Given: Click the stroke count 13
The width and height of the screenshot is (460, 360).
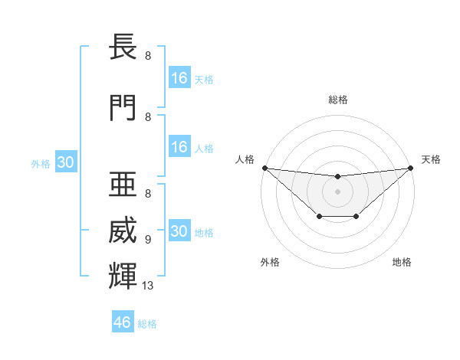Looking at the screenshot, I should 149,286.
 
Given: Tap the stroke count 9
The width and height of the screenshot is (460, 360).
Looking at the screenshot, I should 148,240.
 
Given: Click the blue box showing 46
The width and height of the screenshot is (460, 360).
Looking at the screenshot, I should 123,322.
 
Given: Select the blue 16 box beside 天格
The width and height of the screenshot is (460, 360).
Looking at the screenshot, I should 179,77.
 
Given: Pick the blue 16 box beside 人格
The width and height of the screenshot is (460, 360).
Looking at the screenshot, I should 179,147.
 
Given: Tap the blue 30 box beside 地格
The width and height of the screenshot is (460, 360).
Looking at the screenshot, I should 179,231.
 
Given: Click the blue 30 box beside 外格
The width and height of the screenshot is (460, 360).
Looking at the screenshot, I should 65,162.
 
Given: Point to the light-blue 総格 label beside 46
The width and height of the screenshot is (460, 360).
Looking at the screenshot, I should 147,324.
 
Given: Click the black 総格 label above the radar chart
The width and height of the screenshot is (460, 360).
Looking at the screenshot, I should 337,100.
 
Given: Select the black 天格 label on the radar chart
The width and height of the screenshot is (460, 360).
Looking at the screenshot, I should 431,159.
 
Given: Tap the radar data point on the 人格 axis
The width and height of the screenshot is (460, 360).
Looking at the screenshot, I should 264,168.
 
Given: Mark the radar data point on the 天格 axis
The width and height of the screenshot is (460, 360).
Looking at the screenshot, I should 410,168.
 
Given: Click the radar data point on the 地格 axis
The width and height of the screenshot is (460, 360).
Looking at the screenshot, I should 356,218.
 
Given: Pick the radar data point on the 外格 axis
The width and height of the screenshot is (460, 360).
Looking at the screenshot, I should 319,218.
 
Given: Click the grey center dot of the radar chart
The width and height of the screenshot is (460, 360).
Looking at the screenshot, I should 337,191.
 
